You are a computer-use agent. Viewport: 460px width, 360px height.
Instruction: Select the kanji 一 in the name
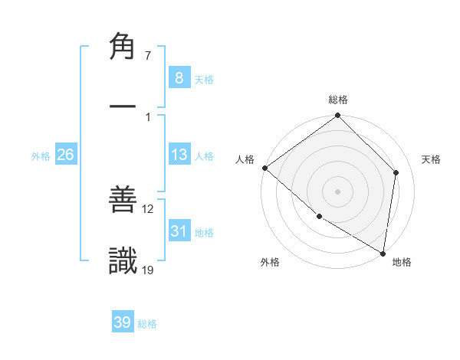click(123, 108)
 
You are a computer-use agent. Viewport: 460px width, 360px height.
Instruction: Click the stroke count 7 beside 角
click(148, 56)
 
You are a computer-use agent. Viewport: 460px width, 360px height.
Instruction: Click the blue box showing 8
click(179, 77)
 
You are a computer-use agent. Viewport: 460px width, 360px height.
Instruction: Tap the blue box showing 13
click(179, 155)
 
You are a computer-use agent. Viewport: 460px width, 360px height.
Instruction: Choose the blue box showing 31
click(179, 231)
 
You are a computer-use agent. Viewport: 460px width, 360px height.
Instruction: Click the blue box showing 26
click(65, 155)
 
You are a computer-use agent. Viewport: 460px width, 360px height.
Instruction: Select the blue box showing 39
click(123, 322)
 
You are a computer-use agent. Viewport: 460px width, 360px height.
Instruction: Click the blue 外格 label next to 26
click(41, 156)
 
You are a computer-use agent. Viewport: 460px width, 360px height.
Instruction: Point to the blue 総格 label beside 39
click(147, 324)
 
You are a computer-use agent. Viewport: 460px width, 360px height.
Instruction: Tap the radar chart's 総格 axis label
click(338, 100)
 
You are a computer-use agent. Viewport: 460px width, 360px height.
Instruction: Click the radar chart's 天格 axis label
click(431, 159)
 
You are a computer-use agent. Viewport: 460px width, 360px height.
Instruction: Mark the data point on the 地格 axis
click(383, 253)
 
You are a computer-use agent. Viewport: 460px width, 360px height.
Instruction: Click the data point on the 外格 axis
click(319, 216)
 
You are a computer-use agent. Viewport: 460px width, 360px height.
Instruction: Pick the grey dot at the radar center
click(337, 191)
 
